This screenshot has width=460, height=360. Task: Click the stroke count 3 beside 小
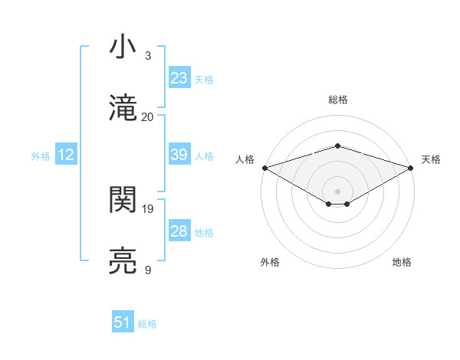148,56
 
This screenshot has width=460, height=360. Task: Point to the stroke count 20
148,116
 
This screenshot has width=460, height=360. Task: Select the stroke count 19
148,208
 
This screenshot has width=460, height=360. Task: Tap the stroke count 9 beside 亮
148,270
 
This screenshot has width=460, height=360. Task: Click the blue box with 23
179,77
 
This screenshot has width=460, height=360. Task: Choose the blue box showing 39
179,155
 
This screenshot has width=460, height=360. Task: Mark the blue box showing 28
179,231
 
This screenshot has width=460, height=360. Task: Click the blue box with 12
66,155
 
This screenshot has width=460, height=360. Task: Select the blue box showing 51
122,322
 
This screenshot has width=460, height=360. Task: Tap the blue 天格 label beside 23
203,79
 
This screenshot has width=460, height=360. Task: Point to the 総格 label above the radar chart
337,100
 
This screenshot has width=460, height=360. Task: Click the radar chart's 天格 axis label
431,159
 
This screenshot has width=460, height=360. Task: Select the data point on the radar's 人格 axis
264,167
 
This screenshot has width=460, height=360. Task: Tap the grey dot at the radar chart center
337,190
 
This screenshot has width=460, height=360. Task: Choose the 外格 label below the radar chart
270,262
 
